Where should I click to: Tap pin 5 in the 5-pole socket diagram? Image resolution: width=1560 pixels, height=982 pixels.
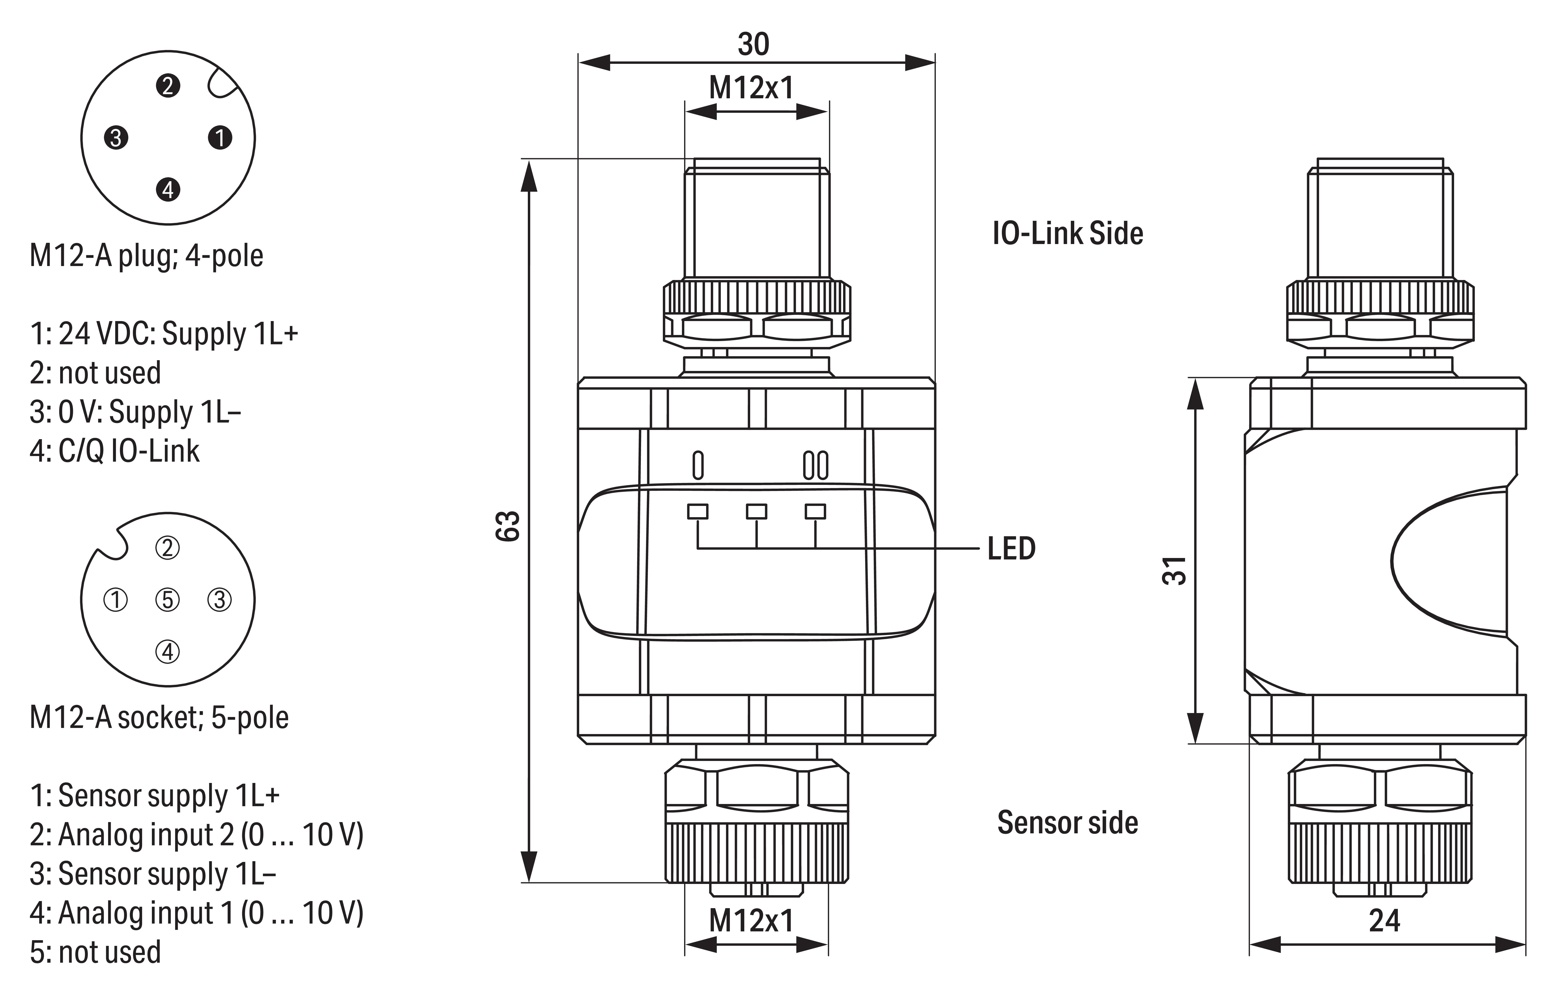(168, 600)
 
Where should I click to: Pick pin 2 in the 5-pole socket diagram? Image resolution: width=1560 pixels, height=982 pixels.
(168, 548)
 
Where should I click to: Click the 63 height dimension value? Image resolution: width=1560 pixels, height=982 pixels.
(509, 526)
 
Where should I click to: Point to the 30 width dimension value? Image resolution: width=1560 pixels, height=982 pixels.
(753, 44)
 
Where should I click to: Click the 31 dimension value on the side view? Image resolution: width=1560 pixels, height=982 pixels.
(1174, 570)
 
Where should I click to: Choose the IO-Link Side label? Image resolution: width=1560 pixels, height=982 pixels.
(1068, 233)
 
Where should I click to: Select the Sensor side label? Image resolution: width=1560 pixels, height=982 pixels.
(1067, 823)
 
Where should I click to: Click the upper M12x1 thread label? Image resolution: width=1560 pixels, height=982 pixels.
(751, 88)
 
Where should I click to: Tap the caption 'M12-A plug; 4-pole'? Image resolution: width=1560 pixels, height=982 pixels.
(147, 256)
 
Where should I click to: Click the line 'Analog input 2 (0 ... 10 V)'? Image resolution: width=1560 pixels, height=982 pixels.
(196, 835)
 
